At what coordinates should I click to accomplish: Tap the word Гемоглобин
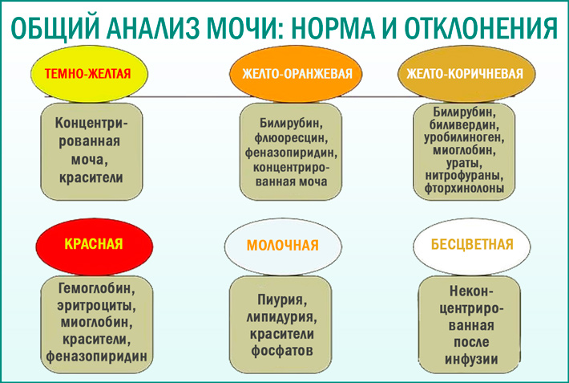coord(95,287)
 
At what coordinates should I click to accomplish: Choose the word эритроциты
coord(95,305)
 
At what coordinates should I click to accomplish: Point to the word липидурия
coord(278,315)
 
